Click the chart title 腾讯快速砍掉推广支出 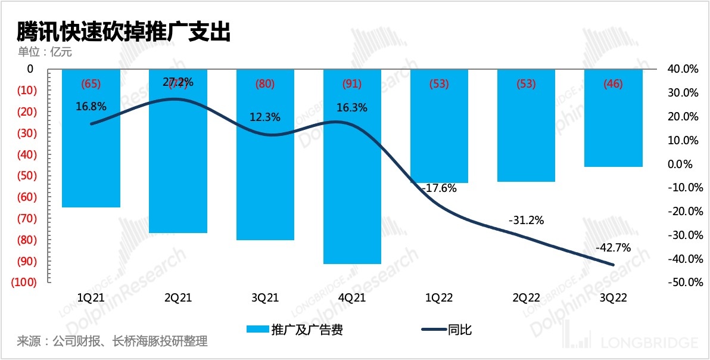click(123, 32)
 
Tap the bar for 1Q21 click(91, 143)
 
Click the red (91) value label click(352, 84)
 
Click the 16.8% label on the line click(91, 107)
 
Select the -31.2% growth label click(526, 221)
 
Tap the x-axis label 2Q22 click(526, 297)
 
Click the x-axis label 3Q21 click(265, 297)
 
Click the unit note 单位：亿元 click(45, 52)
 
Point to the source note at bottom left click(112, 342)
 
